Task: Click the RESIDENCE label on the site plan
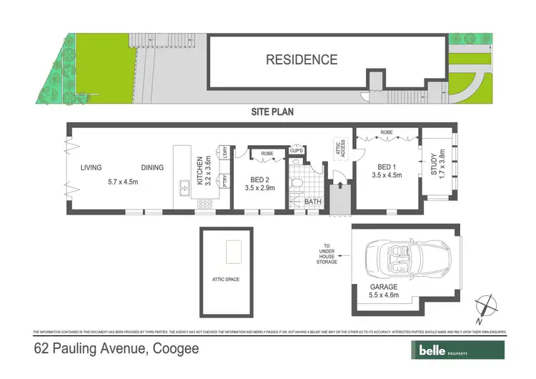pyautogui.click(x=302, y=59)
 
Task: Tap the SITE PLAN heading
pyautogui.click(x=272, y=112)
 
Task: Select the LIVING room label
pyautogui.click(x=91, y=168)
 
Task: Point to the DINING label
pyautogui.click(x=152, y=168)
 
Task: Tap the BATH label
pyautogui.click(x=313, y=202)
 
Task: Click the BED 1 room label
pyautogui.click(x=387, y=167)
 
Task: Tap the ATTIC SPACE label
pyautogui.click(x=226, y=279)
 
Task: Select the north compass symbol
pyautogui.click(x=488, y=305)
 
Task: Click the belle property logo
pyautogui.click(x=457, y=350)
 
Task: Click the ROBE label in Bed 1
pyautogui.click(x=387, y=133)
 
